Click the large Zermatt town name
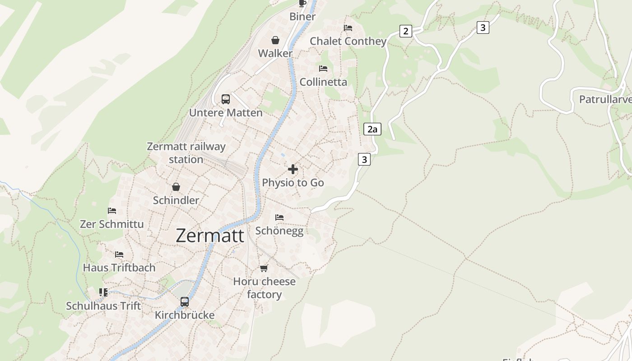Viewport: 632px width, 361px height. (210, 236)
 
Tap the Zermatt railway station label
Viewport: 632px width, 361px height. (186, 153)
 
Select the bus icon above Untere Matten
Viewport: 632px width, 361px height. (226, 99)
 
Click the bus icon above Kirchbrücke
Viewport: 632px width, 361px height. (185, 301)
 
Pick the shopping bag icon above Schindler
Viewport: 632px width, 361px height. (176, 187)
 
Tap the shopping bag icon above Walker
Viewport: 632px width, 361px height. (275, 40)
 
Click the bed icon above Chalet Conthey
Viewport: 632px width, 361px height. (348, 28)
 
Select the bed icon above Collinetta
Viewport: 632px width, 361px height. (323, 69)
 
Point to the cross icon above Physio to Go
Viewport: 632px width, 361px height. (293, 169)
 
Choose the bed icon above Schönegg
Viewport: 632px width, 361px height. (279, 218)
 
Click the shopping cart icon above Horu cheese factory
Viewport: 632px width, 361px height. (264, 268)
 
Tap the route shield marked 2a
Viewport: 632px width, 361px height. (372, 130)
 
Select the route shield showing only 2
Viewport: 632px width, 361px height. (406, 31)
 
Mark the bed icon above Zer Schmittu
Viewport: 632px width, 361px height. (112, 211)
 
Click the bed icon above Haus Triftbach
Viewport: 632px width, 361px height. (119, 255)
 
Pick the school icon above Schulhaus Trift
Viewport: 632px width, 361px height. (104, 292)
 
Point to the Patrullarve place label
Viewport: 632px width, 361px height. (605, 99)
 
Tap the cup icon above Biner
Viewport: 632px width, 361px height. (302, 4)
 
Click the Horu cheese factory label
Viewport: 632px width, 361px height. (264, 288)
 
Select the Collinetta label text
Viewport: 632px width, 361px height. (323, 82)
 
